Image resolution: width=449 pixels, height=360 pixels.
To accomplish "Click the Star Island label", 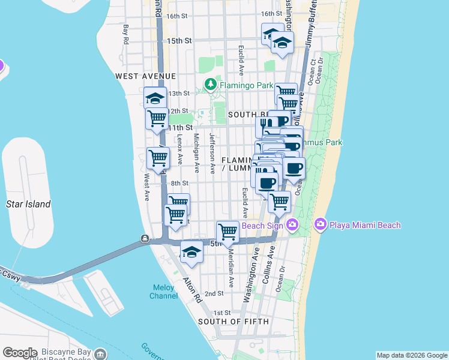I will click(x=28, y=204).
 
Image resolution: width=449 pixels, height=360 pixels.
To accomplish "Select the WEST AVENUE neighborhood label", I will click(x=146, y=76).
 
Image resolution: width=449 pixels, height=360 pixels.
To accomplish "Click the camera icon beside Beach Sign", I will click(x=292, y=225).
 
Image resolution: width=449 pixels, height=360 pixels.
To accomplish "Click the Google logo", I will click(x=19, y=352).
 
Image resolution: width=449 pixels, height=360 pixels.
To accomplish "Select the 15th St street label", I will click(x=179, y=41).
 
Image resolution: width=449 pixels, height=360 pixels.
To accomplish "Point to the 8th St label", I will click(x=179, y=183).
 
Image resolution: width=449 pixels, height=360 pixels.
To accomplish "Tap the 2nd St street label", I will click(x=214, y=293).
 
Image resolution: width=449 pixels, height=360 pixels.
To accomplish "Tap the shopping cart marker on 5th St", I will click(x=228, y=231).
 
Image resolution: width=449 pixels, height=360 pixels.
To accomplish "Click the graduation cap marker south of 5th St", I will click(x=191, y=251).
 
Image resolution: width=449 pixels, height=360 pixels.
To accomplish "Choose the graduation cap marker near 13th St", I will click(x=155, y=98).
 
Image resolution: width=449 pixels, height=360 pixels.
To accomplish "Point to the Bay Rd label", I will click(x=126, y=34).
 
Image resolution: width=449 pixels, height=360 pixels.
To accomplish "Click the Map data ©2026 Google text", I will click(x=412, y=355).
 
